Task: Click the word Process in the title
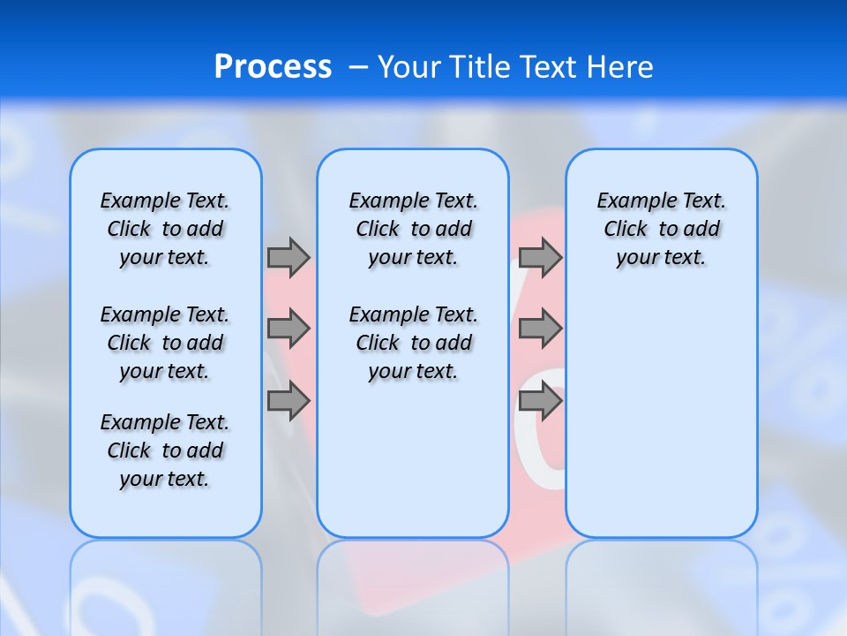[x=273, y=67]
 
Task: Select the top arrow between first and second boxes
[x=289, y=257]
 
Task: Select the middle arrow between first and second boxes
[x=289, y=329]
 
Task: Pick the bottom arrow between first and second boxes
[x=289, y=402]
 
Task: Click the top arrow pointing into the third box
[x=540, y=257]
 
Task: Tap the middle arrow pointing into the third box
[x=540, y=329]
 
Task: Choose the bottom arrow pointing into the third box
[x=540, y=402]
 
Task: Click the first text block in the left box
[x=165, y=229]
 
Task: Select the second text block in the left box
[x=165, y=343]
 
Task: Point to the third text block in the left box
[x=165, y=450]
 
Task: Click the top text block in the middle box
[x=413, y=229]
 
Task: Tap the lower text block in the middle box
[x=413, y=343]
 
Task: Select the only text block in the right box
[x=661, y=229]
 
